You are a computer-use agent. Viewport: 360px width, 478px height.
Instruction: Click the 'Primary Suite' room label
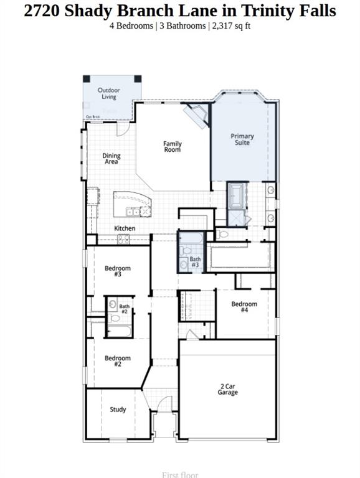pyautogui.click(x=242, y=139)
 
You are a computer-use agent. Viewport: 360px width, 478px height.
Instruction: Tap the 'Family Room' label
pyautogui.click(x=173, y=147)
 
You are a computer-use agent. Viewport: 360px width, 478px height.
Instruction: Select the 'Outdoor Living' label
pyautogui.click(x=108, y=93)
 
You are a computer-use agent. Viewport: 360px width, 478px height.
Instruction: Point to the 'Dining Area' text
pyautogui.click(x=111, y=159)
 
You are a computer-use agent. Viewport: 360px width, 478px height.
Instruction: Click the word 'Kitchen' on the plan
pyautogui.click(x=125, y=228)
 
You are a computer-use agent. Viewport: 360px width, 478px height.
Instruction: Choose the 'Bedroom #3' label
pyautogui.click(x=118, y=271)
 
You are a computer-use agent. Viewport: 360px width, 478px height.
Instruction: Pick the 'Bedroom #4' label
pyautogui.click(x=244, y=307)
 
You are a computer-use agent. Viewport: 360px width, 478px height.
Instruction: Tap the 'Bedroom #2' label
pyautogui.click(x=118, y=361)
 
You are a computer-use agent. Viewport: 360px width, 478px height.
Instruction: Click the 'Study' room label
pyautogui.click(x=118, y=410)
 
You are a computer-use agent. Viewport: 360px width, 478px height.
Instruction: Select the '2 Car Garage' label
pyautogui.click(x=227, y=390)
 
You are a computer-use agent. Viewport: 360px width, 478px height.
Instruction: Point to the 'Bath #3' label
pyautogui.click(x=196, y=262)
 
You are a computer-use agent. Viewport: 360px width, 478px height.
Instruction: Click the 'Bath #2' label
pyautogui.click(x=125, y=309)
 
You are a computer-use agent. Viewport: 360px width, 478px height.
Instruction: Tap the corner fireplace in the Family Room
pyautogui.click(x=199, y=115)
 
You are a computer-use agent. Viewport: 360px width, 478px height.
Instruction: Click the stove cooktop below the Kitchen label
pyautogui.click(x=124, y=239)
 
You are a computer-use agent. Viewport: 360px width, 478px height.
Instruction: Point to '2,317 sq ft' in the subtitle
pyautogui.click(x=231, y=26)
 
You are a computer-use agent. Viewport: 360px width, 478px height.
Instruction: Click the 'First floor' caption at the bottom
pyautogui.click(x=180, y=475)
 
